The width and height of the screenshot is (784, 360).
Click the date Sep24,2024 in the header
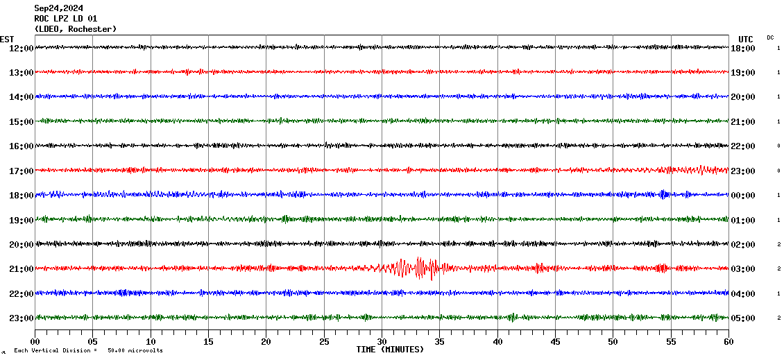pos(59,8)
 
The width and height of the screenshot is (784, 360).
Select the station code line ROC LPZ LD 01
pos(66,19)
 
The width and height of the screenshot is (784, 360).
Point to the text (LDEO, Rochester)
pos(76,29)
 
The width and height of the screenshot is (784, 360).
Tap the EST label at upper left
pos(7,39)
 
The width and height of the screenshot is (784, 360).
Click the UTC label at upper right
pos(746,39)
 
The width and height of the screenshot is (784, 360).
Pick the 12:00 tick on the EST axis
pos(21,48)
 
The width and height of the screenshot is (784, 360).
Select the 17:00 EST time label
pos(21,171)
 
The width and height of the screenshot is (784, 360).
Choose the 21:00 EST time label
pos(21,269)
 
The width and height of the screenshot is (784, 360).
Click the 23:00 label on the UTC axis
pos(743,171)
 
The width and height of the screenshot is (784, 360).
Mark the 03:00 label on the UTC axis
pos(743,269)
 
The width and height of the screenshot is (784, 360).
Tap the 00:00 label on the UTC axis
pos(743,196)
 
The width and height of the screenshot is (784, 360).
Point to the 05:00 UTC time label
pos(743,318)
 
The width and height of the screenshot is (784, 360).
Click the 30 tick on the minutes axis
pos(382,342)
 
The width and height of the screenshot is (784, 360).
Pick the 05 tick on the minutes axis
pos(93,342)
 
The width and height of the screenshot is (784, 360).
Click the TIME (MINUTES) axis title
pos(390,350)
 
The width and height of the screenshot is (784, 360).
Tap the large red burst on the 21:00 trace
pos(419,268)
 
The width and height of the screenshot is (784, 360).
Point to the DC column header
pos(770,37)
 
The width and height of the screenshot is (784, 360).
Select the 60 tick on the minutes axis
pos(728,342)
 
